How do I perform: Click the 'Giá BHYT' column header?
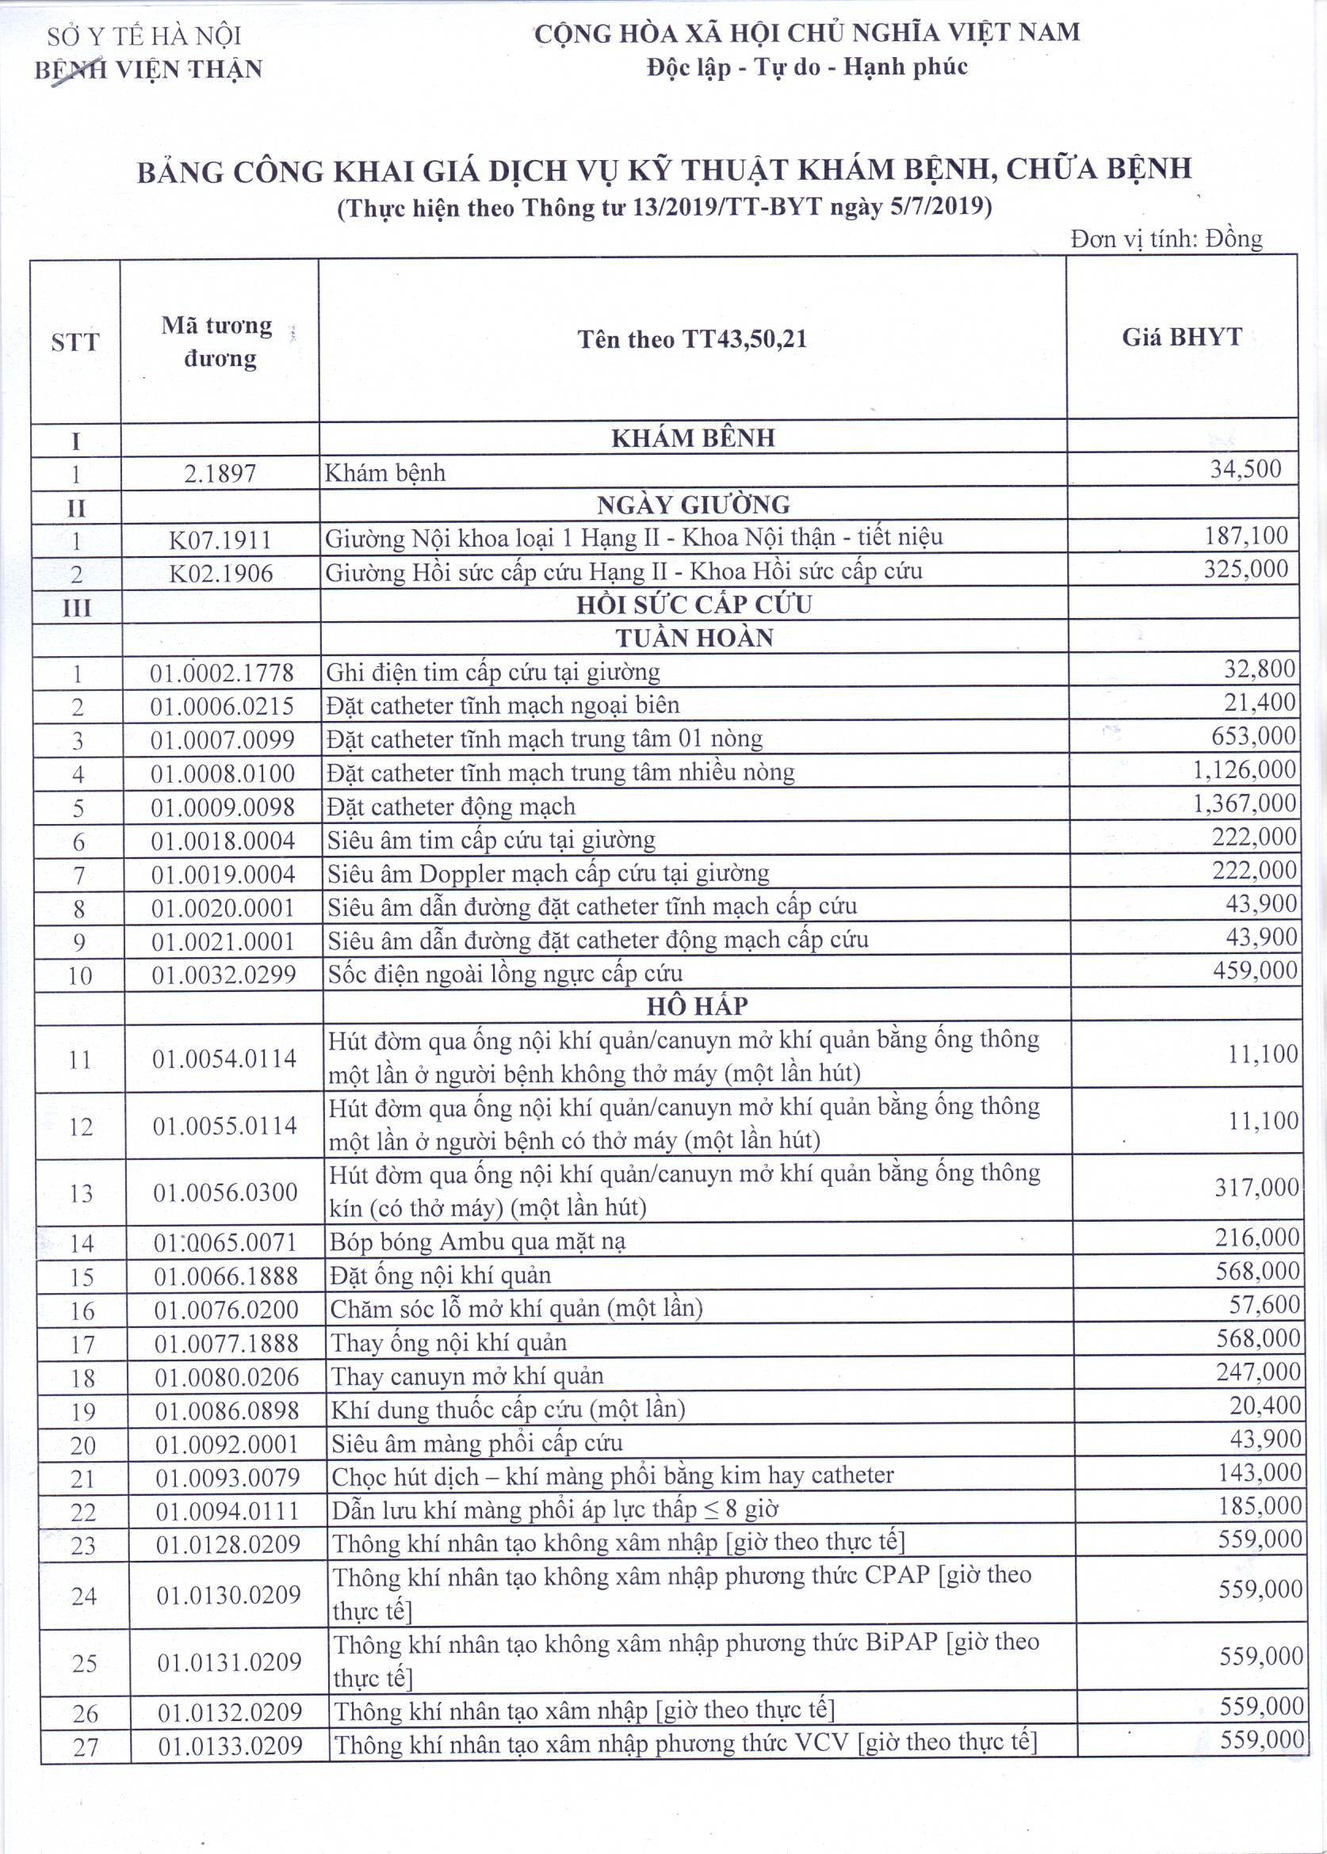(1182, 337)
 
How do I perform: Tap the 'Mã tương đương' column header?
(218, 341)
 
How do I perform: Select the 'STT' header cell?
(75, 341)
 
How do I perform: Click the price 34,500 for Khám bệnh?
(1245, 469)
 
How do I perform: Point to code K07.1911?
(220, 540)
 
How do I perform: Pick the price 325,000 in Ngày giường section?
(1245, 569)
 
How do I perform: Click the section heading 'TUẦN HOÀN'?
(694, 638)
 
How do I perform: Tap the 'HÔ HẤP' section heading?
(697, 1006)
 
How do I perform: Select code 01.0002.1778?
(221, 673)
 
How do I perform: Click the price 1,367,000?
(1244, 803)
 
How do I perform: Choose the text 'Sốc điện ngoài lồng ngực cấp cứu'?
(505, 974)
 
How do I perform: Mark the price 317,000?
(1256, 1187)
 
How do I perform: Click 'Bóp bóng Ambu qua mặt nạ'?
(477, 1242)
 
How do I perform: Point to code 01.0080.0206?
(228, 1377)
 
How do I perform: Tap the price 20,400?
(1265, 1406)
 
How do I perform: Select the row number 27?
(86, 1747)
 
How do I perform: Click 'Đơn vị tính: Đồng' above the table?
(1166, 238)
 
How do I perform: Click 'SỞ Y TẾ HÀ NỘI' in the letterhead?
(143, 36)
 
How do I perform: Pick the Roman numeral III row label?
(77, 608)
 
